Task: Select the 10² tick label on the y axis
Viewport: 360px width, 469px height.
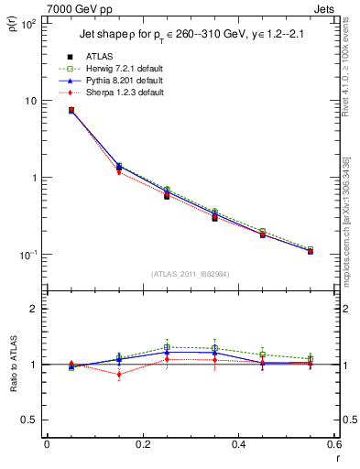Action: coord(27,24)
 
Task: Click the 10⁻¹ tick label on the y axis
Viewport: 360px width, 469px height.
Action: coord(27,255)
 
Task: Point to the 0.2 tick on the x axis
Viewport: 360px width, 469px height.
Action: coord(142,445)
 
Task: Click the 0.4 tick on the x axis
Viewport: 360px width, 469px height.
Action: coord(238,445)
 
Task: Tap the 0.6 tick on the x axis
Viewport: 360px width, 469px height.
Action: coord(333,445)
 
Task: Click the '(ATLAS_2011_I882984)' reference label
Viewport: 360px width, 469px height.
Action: coord(190,274)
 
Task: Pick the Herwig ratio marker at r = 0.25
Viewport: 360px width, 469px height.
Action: coord(167,347)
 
